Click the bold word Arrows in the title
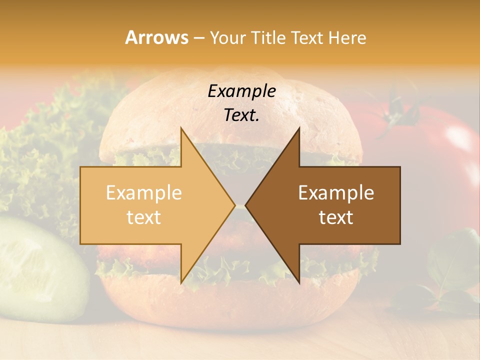157,37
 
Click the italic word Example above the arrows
241,91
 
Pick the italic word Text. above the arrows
241,115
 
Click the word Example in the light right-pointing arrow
144,193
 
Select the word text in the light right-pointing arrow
144,217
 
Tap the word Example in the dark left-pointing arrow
336,193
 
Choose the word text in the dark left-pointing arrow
336,217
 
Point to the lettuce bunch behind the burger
45,150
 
